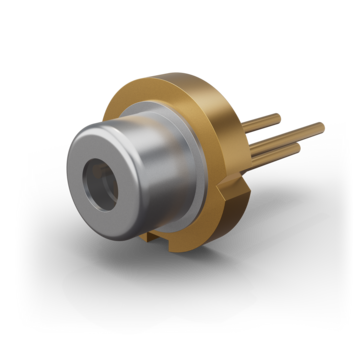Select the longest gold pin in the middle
point(290,134)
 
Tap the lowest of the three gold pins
point(275,156)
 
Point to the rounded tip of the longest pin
point(322,125)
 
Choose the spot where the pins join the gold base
point(246,140)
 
